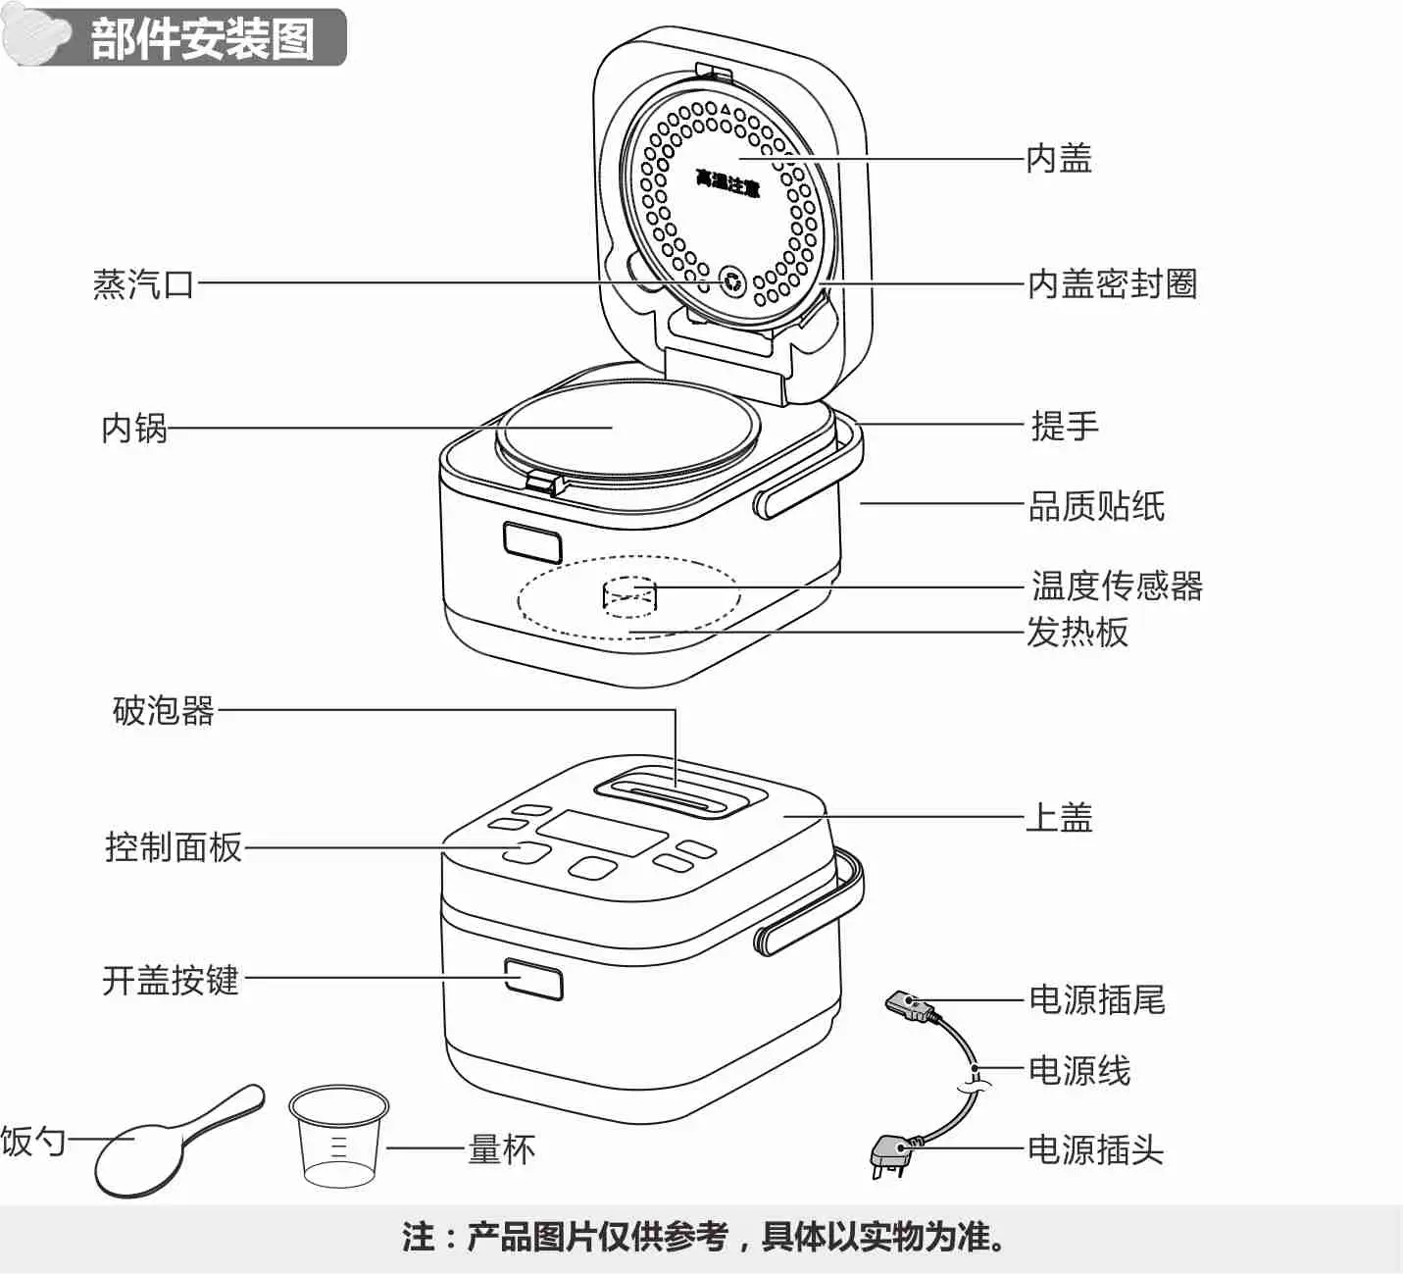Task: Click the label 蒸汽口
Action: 143,284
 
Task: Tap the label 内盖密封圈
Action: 1112,284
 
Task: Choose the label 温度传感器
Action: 1116,586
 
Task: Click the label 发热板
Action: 1077,633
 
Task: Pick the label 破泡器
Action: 163,711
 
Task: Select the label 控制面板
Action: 173,847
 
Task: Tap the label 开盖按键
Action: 171,980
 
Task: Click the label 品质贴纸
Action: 1096,507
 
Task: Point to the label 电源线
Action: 1078,1071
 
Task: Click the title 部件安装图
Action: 202,39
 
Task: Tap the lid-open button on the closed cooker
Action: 534,979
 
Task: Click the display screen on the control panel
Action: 601,833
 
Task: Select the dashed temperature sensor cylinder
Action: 628,596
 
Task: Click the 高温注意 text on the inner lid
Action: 727,182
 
